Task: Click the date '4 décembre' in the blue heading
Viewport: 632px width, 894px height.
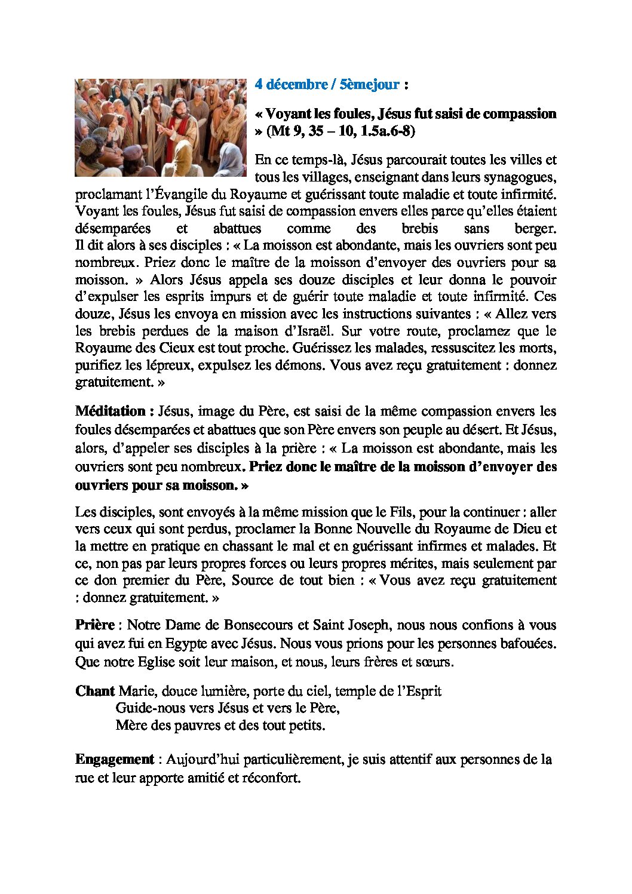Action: [x=291, y=84]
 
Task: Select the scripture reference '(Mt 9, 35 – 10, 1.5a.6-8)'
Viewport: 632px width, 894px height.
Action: [x=340, y=131]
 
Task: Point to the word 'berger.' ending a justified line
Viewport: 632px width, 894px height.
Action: [x=535, y=228]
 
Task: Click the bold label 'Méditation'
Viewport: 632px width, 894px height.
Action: [x=111, y=411]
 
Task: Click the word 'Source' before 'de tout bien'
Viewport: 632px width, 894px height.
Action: [x=251, y=580]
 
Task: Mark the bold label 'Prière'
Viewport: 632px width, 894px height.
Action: [x=95, y=625]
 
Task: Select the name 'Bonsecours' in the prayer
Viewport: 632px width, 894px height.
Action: [x=258, y=625]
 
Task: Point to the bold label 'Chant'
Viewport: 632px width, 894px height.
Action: [x=95, y=691]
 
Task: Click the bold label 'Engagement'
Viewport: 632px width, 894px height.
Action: [x=115, y=759]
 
